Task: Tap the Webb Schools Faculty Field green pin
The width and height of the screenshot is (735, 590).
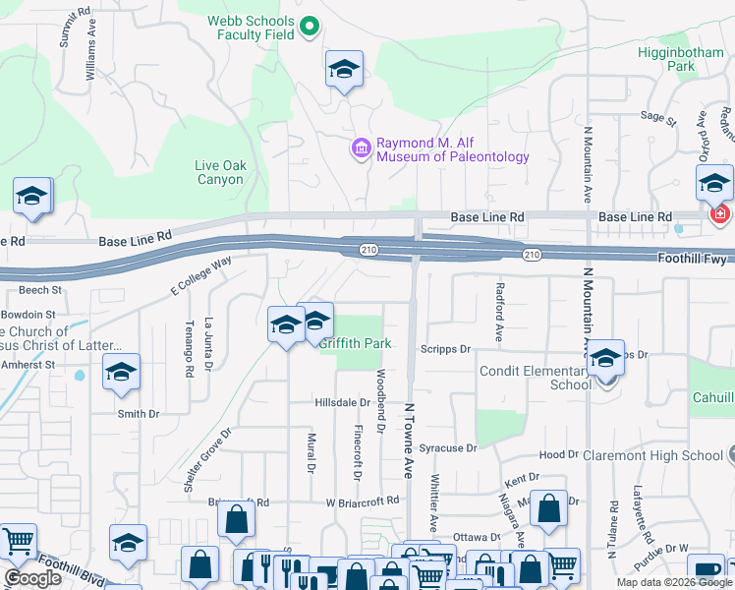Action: coord(311,27)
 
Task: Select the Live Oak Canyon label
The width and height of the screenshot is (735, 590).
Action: coord(218,173)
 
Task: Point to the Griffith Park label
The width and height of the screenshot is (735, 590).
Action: coord(355,343)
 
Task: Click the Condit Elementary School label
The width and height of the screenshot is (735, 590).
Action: coord(535,378)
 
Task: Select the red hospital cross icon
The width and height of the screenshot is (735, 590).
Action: coord(720,213)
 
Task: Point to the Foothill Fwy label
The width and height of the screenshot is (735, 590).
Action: coord(694,260)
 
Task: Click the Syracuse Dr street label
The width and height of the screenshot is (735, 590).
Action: coord(447,447)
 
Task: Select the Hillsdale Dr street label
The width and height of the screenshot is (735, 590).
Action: coord(342,403)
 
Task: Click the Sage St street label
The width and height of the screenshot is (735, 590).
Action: coord(658,117)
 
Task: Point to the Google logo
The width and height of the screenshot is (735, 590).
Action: coord(32,578)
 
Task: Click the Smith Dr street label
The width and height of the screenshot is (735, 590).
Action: coord(138,414)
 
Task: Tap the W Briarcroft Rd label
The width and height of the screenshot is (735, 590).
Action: coord(363,501)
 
